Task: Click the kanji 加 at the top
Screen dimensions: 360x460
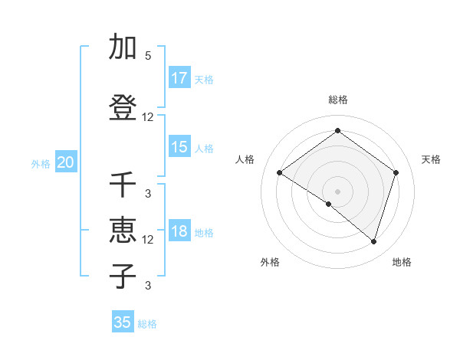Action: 123,47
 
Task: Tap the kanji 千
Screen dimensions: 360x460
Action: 123,185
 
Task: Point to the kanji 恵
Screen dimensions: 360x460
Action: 123,231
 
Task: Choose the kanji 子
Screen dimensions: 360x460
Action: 123,277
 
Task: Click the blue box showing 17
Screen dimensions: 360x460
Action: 179,78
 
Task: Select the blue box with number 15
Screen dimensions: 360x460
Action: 179,147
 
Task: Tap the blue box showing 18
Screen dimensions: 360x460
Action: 179,231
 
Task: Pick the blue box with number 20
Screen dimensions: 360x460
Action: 66,162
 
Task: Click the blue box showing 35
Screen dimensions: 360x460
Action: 123,322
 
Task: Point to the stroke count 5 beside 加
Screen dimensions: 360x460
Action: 148,56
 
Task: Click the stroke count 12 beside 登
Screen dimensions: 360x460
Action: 148,117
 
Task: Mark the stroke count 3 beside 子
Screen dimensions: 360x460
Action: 148,286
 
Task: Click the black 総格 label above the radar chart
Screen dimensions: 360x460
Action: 337,100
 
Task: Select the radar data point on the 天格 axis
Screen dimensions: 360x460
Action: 396,172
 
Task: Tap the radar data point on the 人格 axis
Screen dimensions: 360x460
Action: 279,172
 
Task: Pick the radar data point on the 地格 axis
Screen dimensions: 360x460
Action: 373,241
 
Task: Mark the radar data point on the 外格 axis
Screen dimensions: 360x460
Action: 329,204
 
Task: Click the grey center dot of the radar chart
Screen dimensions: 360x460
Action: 337,191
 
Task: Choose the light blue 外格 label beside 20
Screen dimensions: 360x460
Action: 41,163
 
